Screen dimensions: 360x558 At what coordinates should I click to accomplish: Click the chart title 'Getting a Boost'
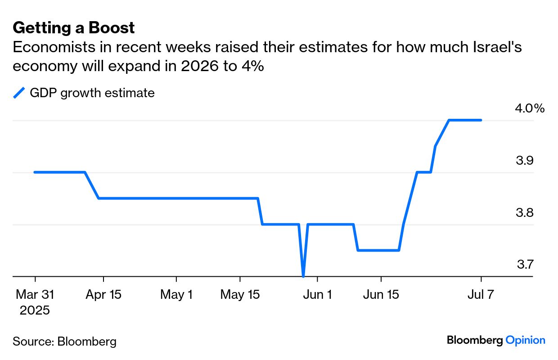pos(74,28)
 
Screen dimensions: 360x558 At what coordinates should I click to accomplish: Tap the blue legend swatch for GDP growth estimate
pos(19,93)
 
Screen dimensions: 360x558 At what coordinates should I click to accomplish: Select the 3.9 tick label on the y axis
pos(524,161)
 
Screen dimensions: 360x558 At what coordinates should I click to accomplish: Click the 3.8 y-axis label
pos(524,212)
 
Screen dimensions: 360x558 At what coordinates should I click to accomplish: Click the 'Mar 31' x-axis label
pos(35,295)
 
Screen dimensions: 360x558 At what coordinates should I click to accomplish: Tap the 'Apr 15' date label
pos(103,295)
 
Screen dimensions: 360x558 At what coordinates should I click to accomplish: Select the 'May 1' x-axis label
pos(176,295)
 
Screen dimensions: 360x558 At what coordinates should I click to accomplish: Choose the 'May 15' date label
pos(240,295)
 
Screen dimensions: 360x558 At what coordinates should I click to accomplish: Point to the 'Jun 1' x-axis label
pos(317,295)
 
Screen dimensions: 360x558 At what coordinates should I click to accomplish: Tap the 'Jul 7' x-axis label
pos(481,295)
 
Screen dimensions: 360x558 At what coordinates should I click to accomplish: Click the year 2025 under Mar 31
pos(35,310)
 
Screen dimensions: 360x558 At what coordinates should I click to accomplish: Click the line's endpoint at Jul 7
pos(481,120)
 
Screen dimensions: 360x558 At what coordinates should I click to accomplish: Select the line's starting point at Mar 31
pos(35,172)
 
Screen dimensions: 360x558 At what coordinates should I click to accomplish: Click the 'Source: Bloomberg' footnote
pos(64,342)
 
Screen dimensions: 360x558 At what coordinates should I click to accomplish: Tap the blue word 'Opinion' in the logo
pos(525,340)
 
